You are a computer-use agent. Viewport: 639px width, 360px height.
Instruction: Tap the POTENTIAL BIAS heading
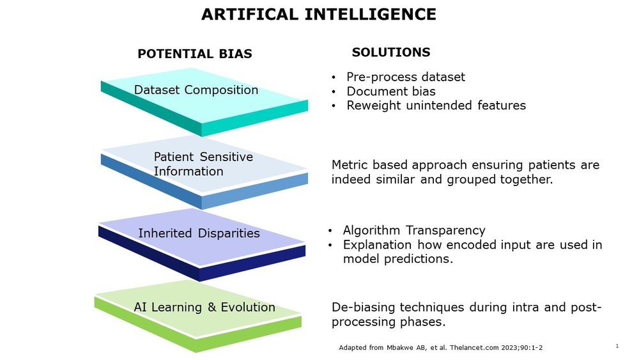195,54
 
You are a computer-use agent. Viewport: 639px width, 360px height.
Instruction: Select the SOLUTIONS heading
391,52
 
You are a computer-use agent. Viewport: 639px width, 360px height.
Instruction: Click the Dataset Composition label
196,90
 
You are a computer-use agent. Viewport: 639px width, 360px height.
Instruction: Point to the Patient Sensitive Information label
203,164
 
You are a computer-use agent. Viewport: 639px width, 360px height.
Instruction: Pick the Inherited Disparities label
199,233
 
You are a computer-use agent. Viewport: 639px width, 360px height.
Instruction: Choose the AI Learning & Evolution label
204,308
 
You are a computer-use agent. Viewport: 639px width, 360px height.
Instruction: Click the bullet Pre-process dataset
406,77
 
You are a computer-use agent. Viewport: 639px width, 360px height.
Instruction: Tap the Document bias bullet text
391,91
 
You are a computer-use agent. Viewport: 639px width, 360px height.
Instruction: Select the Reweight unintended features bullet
436,106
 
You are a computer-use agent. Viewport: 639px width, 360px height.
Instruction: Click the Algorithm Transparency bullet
414,230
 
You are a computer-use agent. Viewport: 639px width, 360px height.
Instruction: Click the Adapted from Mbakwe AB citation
440,348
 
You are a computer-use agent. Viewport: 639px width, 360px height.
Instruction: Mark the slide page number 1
617,346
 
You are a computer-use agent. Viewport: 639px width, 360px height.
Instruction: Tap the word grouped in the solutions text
475,180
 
